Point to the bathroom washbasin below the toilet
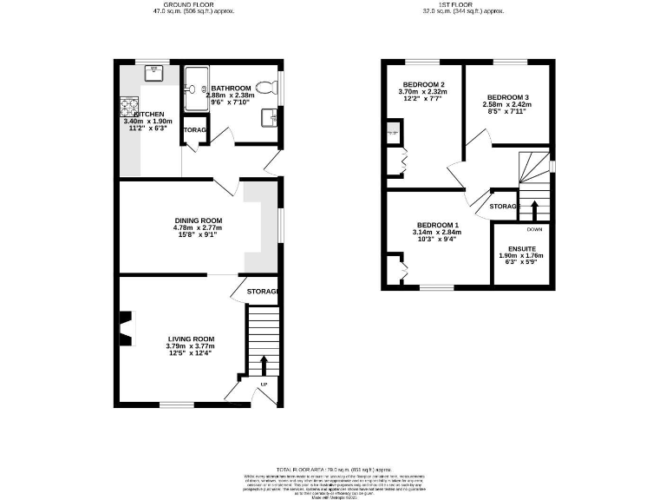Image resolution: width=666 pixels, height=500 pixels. [x=272, y=116]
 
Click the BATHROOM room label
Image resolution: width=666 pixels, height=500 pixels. [x=231, y=88]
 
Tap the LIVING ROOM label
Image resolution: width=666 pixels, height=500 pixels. [x=190, y=339]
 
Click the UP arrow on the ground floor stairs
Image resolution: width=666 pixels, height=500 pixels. [x=263, y=365]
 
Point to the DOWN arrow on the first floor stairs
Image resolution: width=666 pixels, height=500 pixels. [x=534, y=209]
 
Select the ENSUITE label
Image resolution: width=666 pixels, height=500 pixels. [x=523, y=249]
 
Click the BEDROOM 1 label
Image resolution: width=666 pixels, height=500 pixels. [x=438, y=226]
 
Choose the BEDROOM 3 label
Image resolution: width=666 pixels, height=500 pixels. [x=507, y=97]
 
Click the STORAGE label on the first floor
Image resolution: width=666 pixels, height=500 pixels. [x=505, y=207]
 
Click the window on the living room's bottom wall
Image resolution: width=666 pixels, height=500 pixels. [x=177, y=405]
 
